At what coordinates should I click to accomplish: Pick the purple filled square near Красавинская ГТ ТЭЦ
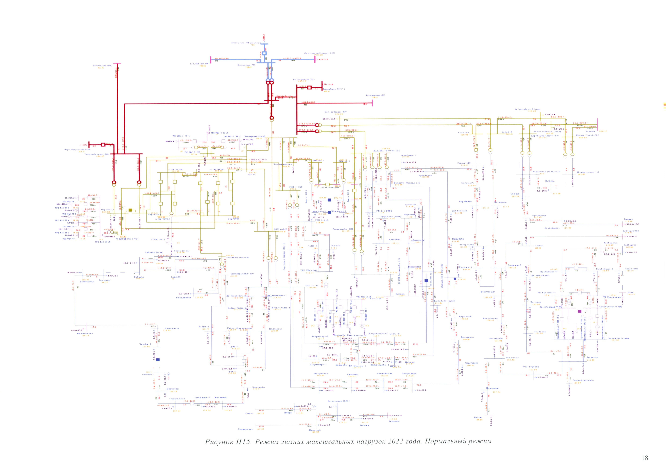tap(580, 311)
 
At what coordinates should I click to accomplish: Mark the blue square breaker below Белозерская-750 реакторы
tap(264, 53)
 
